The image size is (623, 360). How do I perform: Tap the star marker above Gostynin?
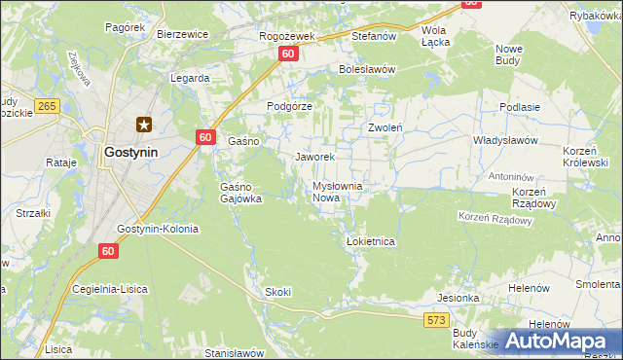pos(144,124)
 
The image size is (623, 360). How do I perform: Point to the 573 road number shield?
pos(436,319)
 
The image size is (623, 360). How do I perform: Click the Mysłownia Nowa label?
pos(337,192)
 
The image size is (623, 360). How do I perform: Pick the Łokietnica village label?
pos(370,241)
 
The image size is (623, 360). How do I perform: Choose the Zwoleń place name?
pos(385,127)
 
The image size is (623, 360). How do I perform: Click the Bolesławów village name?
pos(366,70)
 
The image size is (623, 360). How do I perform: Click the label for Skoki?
pos(277,292)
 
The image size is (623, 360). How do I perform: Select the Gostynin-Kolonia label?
pos(157,229)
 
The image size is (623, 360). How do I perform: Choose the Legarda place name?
pos(190,77)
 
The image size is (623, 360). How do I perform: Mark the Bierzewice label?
pos(183,33)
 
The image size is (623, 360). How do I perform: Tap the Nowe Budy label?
pos(509,54)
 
